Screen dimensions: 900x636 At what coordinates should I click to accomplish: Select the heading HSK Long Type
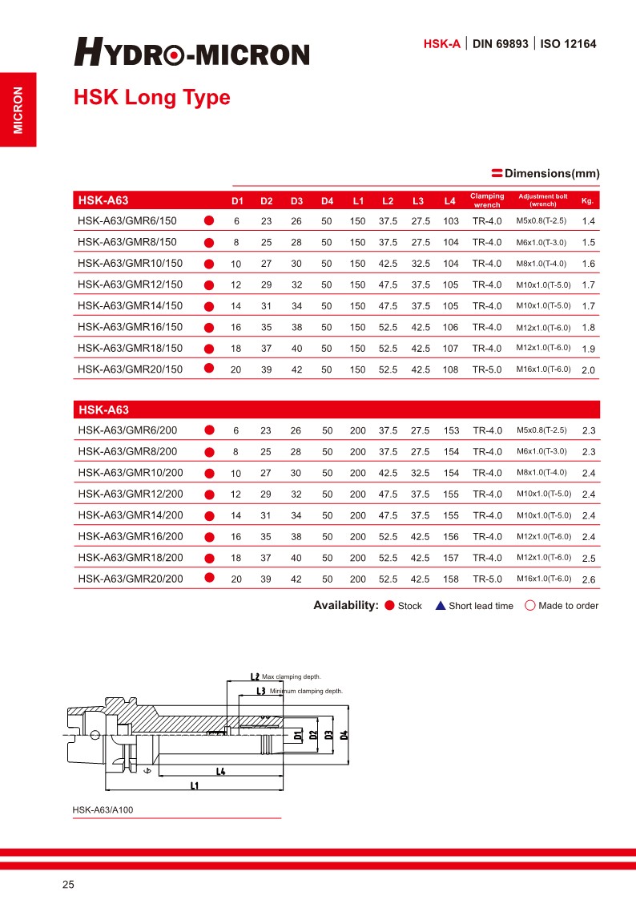click(151, 98)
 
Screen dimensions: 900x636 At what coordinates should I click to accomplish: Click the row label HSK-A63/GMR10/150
click(130, 264)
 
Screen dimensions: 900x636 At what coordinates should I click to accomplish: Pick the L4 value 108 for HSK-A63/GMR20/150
click(451, 369)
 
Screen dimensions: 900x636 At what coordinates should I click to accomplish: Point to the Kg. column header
click(587, 200)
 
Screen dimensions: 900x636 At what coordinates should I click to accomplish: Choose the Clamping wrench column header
click(487, 200)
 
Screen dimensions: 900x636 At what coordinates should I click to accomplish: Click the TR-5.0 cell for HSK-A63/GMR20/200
click(487, 579)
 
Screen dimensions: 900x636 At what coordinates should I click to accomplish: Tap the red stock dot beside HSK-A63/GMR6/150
click(209, 220)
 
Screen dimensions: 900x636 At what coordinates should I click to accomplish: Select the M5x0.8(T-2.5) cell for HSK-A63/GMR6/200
click(541, 430)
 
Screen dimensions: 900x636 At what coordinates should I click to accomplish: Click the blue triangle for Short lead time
click(441, 606)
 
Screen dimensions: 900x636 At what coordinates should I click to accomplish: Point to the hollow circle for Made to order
click(529, 606)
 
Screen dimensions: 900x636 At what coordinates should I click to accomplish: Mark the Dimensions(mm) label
click(552, 174)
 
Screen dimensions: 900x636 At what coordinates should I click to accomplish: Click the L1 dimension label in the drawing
click(194, 786)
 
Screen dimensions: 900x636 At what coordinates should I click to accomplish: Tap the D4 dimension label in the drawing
click(344, 734)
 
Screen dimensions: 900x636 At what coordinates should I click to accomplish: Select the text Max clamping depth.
click(292, 677)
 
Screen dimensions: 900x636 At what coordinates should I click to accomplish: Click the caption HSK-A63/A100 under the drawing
click(103, 809)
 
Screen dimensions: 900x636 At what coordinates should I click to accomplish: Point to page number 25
click(68, 885)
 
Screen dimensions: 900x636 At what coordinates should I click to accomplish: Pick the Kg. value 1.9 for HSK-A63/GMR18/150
click(588, 349)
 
